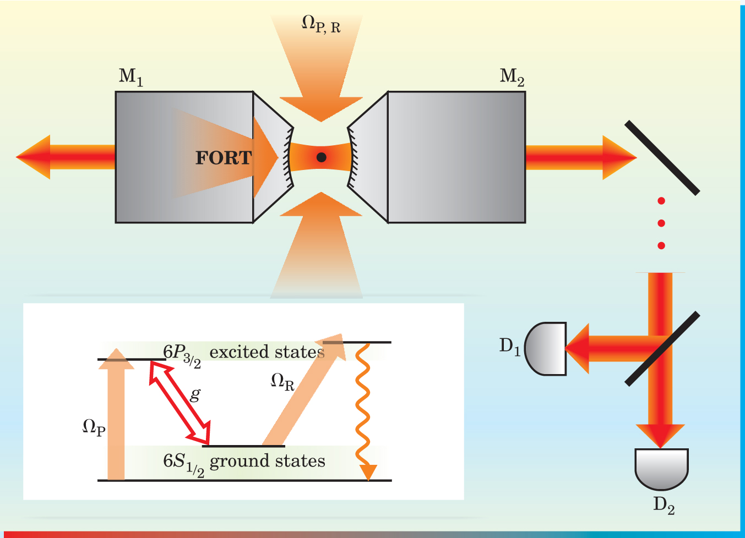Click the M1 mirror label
(130, 77)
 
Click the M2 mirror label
(512, 77)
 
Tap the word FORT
(224, 158)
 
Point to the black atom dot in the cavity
(322, 157)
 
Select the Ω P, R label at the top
(321, 24)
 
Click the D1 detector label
(509, 347)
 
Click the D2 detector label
(664, 505)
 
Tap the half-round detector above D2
(661, 468)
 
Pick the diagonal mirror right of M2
(662, 158)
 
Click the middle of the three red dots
(661, 223)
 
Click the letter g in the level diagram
(195, 394)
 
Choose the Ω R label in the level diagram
(282, 381)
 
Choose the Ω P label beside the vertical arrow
(94, 427)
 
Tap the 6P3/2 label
(182, 354)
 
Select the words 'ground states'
(268, 461)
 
